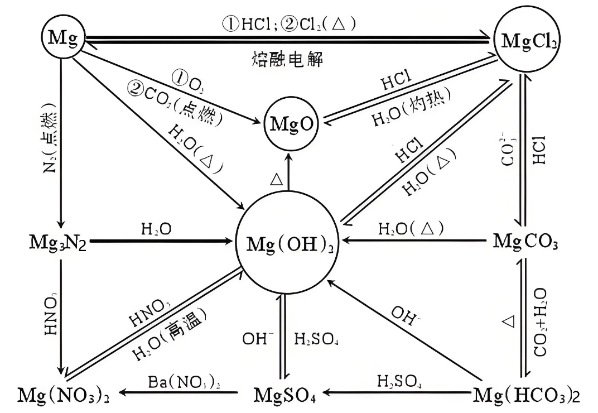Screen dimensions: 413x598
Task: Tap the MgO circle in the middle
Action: [x=290, y=123]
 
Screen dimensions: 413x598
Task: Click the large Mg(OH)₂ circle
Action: [x=289, y=243]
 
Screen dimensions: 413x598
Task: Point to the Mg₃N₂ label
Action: [x=58, y=243]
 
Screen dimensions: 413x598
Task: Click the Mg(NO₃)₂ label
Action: [x=62, y=394]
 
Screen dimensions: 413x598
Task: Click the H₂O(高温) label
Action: [x=171, y=338]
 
